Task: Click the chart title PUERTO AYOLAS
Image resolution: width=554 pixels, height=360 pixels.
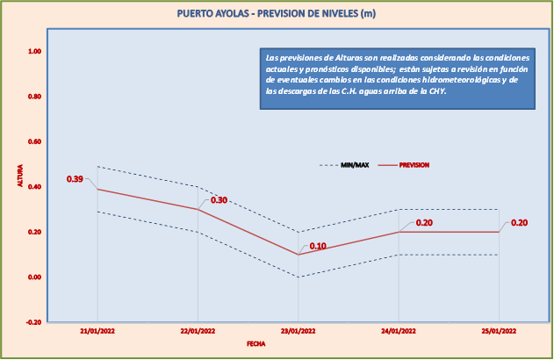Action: click(x=277, y=13)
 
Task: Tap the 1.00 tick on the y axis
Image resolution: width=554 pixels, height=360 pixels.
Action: click(x=35, y=51)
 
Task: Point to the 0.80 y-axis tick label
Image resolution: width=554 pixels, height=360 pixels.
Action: click(x=35, y=97)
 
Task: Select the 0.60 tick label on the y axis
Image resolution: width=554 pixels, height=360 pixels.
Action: click(x=35, y=141)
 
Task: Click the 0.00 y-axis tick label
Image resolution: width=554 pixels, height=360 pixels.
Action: click(x=35, y=277)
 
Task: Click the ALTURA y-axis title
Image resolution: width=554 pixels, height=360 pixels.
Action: click(x=19, y=176)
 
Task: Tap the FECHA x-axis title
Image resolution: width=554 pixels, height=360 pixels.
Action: click(x=255, y=344)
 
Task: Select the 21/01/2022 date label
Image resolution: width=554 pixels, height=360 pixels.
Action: click(x=97, y=331)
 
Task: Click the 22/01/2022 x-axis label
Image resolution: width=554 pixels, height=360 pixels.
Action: click(x=198, y=331)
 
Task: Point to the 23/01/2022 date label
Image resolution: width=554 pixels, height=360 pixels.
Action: click(x=298, y=331)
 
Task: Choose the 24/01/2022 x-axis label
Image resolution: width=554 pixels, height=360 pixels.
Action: click(x=399, y=331)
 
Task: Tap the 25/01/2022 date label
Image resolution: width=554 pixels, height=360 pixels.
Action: click(x=499, y=331)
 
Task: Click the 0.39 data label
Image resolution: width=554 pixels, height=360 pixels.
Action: click(x=75, y=179)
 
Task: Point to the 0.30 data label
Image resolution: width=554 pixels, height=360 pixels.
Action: click(x=219, y=200)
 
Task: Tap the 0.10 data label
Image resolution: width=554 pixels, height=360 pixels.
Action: click(x=318, y=246)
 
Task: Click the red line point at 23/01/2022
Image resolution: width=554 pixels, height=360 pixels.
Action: click(x=298, y=255)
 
